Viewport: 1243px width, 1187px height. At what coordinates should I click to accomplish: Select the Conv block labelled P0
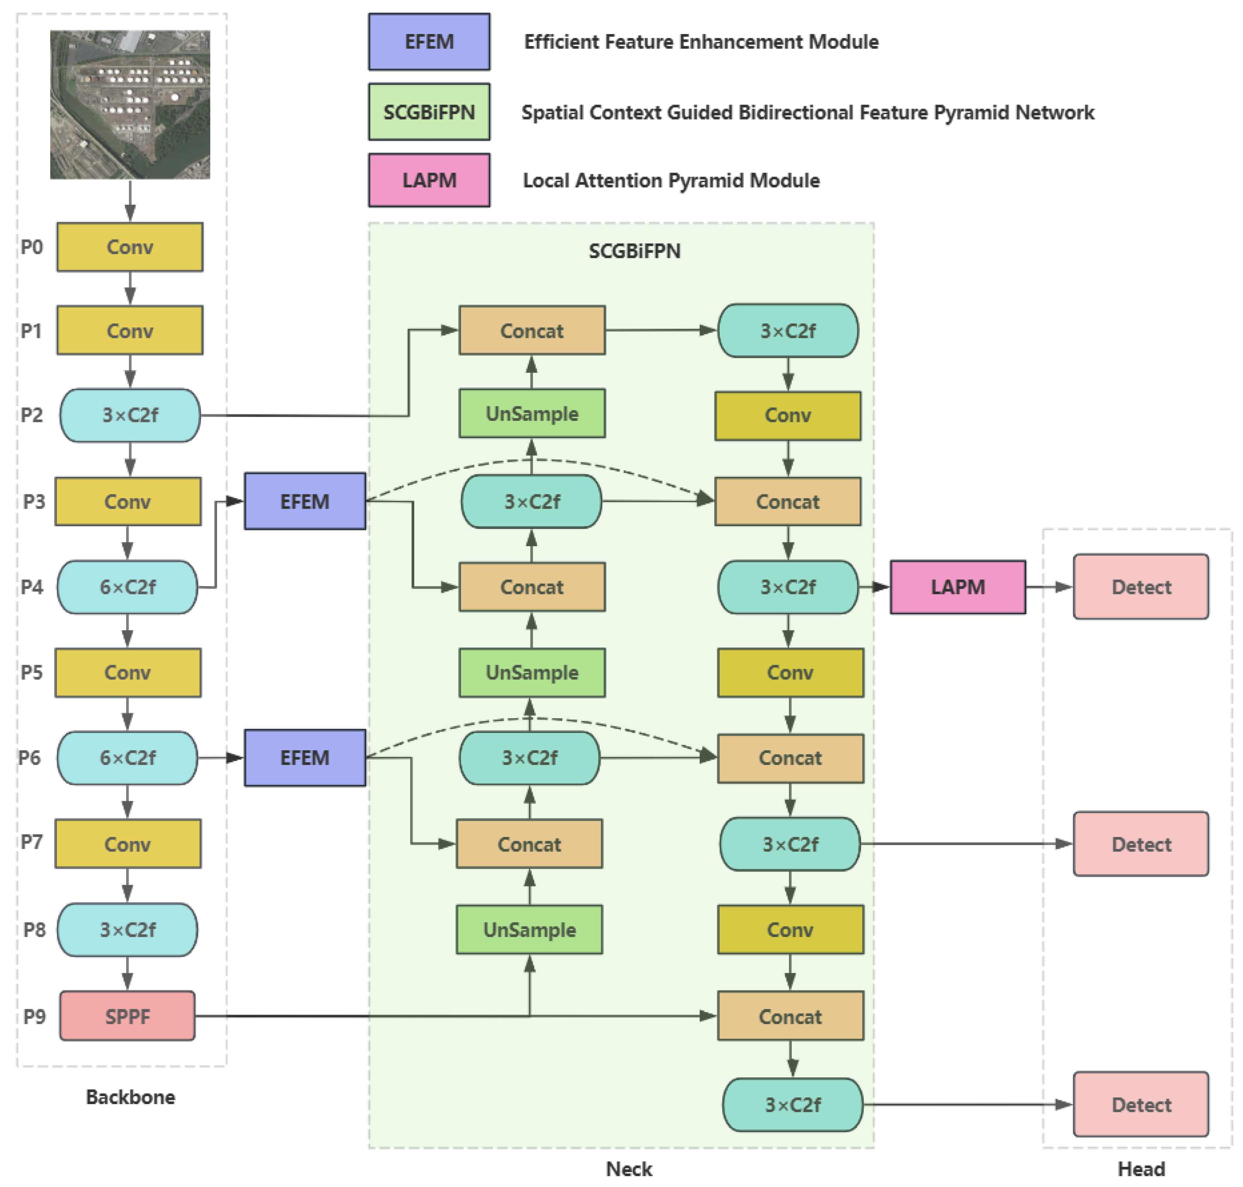(x=130, y=247)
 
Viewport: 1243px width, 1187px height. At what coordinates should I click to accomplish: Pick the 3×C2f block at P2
(x=130, y=415)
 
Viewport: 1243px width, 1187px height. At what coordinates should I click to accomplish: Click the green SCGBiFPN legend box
(x=429, y=112)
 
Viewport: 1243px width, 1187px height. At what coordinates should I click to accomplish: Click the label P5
(x=32, y=672)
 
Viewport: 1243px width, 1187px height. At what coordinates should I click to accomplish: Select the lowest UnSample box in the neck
(x=530, y=930)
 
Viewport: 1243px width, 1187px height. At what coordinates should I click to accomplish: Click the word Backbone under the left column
(x=130, y=1096)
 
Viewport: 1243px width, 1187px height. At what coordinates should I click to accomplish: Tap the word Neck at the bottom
(x=629, y=1168)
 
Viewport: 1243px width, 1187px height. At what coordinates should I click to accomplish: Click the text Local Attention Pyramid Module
(x=670, y=180)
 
